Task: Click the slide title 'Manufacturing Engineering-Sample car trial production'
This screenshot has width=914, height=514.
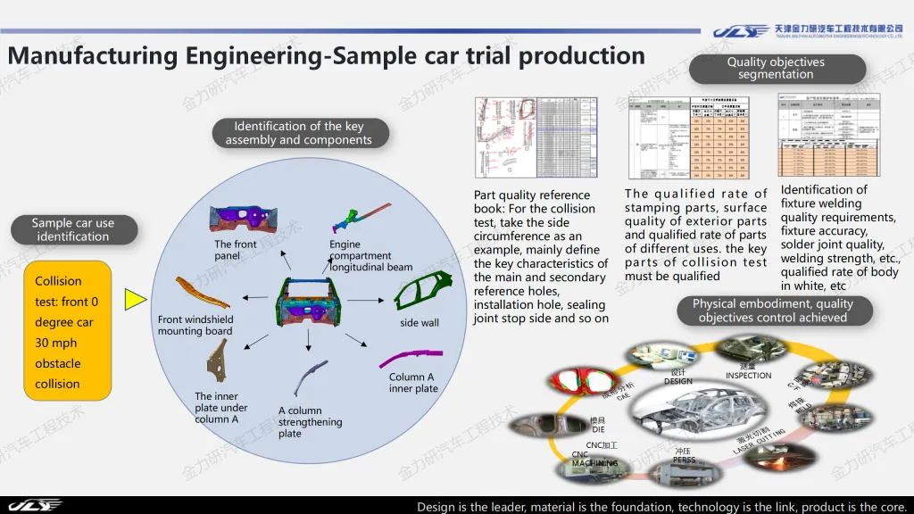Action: (x=326, y=55)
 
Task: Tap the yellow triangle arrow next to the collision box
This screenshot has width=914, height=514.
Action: (x=135, y=298)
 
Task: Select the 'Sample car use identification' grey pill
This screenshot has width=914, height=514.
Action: (x=73, y=229)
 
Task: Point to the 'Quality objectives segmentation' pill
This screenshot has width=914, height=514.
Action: (x=776, y=68)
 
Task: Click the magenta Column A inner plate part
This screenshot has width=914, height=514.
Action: (x=410, y=360)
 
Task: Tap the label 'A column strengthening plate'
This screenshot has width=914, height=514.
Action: (x=310, y=422)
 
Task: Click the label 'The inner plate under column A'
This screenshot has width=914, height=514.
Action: (x=221, y=408)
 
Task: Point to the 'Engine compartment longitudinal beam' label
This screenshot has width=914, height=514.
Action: (x=370, y=255)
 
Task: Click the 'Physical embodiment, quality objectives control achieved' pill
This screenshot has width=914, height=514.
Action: (x=772, y=311)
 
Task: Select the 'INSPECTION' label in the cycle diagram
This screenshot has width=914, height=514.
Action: (x=748, y=376)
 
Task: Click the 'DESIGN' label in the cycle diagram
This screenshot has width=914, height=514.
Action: (x=678, y=381)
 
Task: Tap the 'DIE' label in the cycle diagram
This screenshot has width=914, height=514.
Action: (x=598, y=429)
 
